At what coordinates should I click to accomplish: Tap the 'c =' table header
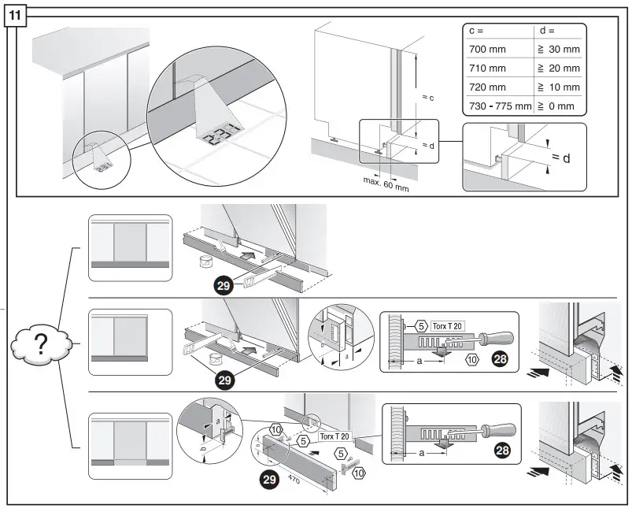tap(477, 31)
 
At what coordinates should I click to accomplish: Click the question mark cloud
tap(41, 345)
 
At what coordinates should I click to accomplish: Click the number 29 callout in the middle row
tap(225, 380)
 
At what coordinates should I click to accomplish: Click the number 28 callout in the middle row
tap(499, 360)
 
